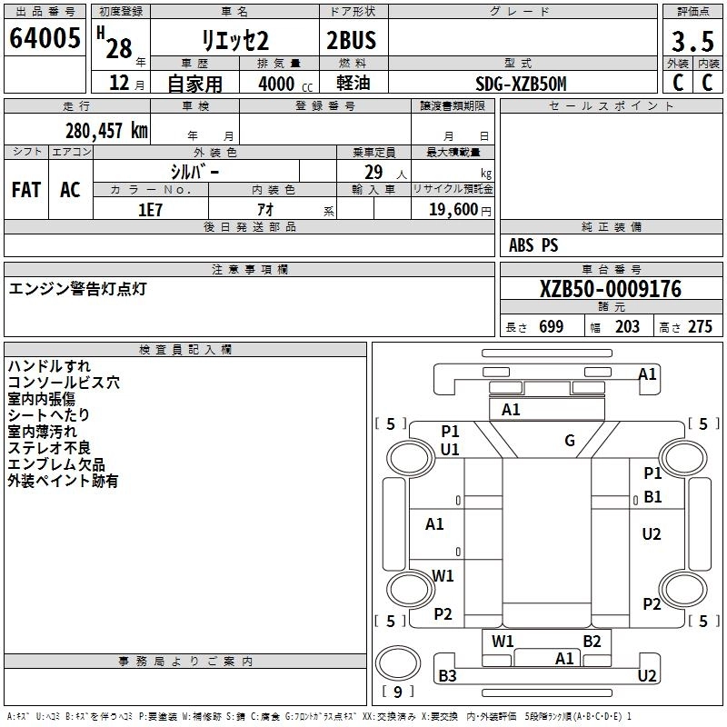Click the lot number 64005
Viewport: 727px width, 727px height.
pyautogui.click(x=45, y=39)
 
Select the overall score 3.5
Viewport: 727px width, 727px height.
pyautogui.click(x=692, y=41)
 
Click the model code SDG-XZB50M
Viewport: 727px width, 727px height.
pyautogui.click(x=521, y=84)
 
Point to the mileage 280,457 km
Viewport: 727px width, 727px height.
pyautogui.click(x=106, y=130)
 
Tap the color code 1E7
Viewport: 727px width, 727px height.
pyautogui.click(x=150, y=209)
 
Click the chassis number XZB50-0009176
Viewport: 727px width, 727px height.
pyautogui.click(x=610, y=289)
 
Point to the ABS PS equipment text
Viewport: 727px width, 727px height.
pyautogui.click(x=533, y=245)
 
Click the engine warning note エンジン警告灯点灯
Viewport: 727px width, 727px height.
pyautogui.click(x=77, y=289)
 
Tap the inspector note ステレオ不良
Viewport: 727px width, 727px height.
pyautogui.click(x=49, y=448)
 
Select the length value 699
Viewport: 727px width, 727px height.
pyautogui.click(x=551, y=327)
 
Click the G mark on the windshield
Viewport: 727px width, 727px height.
pyautogui.click(x=570, y=441)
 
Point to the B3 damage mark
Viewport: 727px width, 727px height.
pyautogui.click(x=447, y=675)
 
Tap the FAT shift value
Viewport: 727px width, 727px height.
pyautogui.click(x=26, y=189)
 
